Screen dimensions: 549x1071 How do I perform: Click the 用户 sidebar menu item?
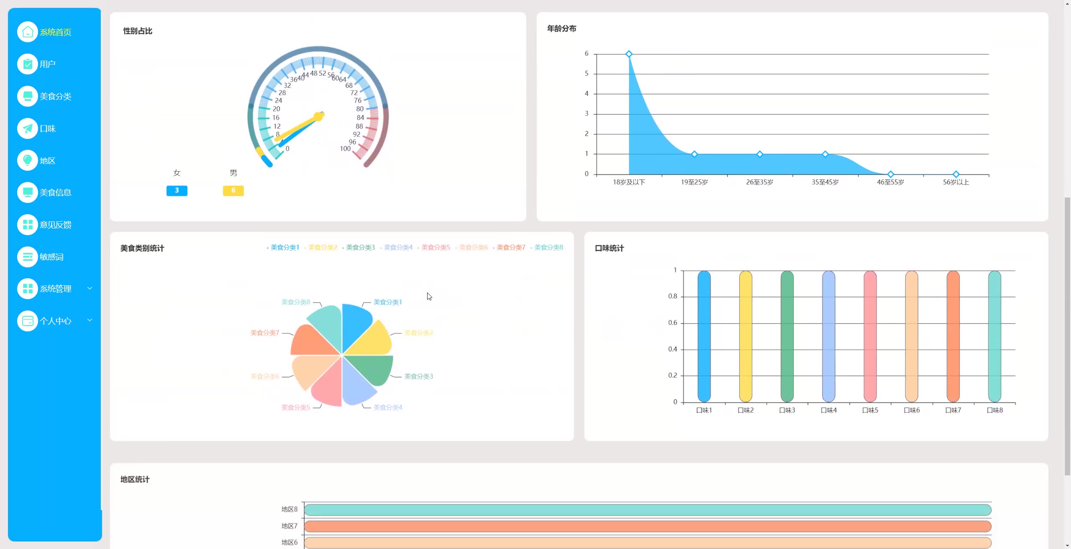(47, 64)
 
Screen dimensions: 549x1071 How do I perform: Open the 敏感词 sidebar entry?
(51, 257)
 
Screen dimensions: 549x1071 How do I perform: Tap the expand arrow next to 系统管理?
(90, 288)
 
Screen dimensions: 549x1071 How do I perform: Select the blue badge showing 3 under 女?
(177, 190)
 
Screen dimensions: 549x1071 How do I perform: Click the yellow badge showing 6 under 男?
(233, 190)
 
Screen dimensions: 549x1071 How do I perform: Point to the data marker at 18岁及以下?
(628, 54)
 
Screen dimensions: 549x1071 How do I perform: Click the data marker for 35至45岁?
(825, 154)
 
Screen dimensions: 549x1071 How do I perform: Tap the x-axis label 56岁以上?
(956, 182)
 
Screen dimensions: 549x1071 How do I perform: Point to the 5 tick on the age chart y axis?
(587, 74)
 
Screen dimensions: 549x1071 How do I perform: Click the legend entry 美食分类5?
(435, 247)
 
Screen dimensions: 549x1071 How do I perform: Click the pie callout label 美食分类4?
(387, 407)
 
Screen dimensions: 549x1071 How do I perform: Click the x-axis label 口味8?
(994, 410)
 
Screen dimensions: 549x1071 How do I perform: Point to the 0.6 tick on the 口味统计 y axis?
(672, 323)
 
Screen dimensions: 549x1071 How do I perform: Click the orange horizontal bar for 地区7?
(647, 526)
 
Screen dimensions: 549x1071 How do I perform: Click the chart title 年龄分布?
(561, 28)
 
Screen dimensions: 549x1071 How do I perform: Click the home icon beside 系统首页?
(28, 32)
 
